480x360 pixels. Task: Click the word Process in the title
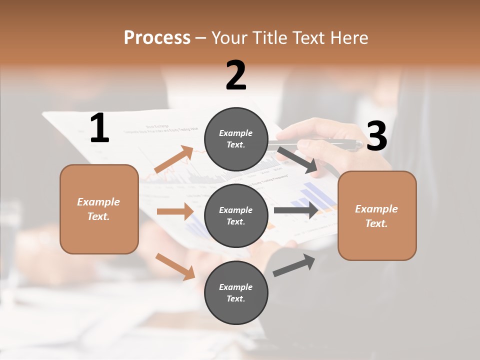tap(157, 38)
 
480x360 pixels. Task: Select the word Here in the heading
tap(348, 38)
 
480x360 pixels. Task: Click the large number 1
tap(99, 128)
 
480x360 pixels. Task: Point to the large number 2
tap(236, 75)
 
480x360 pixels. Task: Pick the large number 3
tap(376, 136)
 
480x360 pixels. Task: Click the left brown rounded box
tap(99, 209)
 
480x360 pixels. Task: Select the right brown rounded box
tap(377, 216)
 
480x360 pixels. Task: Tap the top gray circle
tap(236, 139)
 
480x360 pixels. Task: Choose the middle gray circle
tap(236, 215)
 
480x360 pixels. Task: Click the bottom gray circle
tap(236, 292)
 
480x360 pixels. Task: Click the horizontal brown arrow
tap(175, 211)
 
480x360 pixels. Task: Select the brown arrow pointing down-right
tap(175, 266)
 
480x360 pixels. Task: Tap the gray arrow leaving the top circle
tap(298, 160)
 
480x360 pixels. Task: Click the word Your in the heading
tap(228, 38)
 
